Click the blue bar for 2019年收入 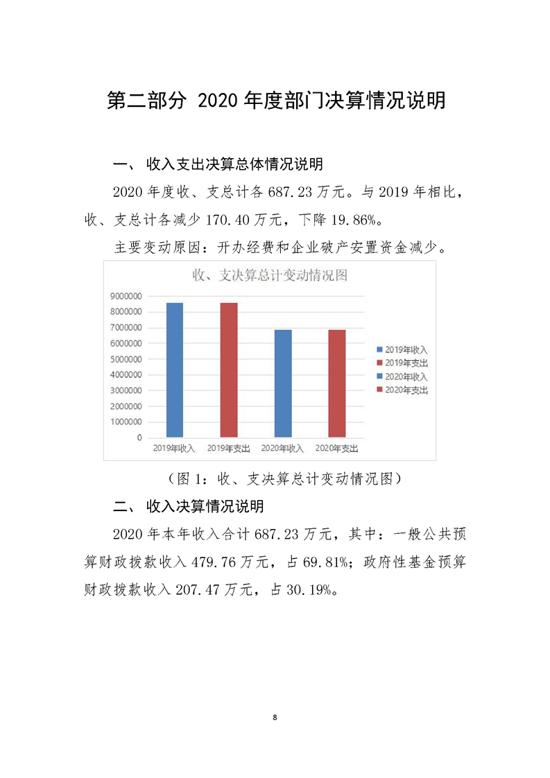(x=175, y=370)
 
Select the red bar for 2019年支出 (x=229, y=370)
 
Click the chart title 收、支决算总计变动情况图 (x=269, y=275)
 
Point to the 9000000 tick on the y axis (x=126, y=296)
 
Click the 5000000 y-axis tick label (x=126, y=359)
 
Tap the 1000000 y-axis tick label (x=126, y=422)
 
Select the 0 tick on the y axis (x=139, y=438)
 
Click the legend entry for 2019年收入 (x=406, y=349)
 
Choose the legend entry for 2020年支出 (x=406, y=390)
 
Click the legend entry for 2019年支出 (x=406, y=363)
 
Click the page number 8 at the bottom (x=275, y=716)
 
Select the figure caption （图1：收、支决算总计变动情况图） (x=275, y=478)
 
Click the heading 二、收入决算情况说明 (x=188, y=507)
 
